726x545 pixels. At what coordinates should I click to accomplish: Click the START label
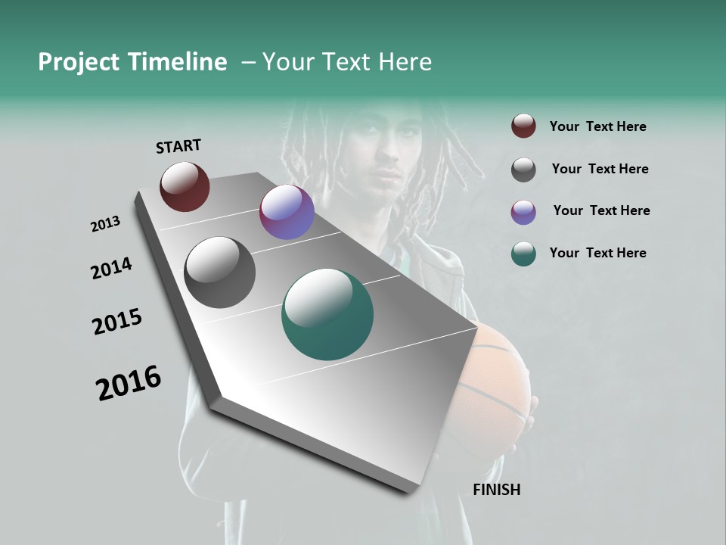tap(178, 146)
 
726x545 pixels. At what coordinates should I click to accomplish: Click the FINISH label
tap(496, 490)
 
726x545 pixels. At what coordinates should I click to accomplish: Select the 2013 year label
tap(106, 224)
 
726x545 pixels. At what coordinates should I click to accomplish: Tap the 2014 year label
tap(112, 269)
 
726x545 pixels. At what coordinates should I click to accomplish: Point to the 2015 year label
tap(117, 322)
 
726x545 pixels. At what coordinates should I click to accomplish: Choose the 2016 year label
tap(129, 383)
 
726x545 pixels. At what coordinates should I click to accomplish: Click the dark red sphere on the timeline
tap(185, 186)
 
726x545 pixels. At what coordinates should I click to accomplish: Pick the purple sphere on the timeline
tap(287, 212)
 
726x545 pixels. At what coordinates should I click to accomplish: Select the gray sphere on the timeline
tap(219, 272)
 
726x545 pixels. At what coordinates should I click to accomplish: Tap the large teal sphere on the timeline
tap(327, 314)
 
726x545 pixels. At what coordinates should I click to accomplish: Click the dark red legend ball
tap(523, 126)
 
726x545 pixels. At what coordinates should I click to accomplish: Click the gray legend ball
tap(523, 170)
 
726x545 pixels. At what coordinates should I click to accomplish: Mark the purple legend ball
tap(523, 212)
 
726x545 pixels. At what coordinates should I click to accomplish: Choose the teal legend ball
tap(523, 254)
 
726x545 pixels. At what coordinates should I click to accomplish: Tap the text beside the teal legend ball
tap(597, 253)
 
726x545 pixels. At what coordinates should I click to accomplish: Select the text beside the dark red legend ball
tap(597, 126)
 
